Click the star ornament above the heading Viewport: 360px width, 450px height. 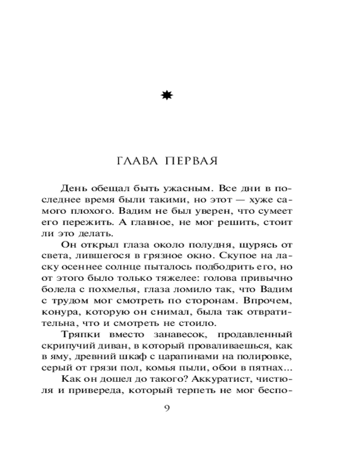(167, 95)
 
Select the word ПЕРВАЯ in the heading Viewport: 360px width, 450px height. (191, 161)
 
